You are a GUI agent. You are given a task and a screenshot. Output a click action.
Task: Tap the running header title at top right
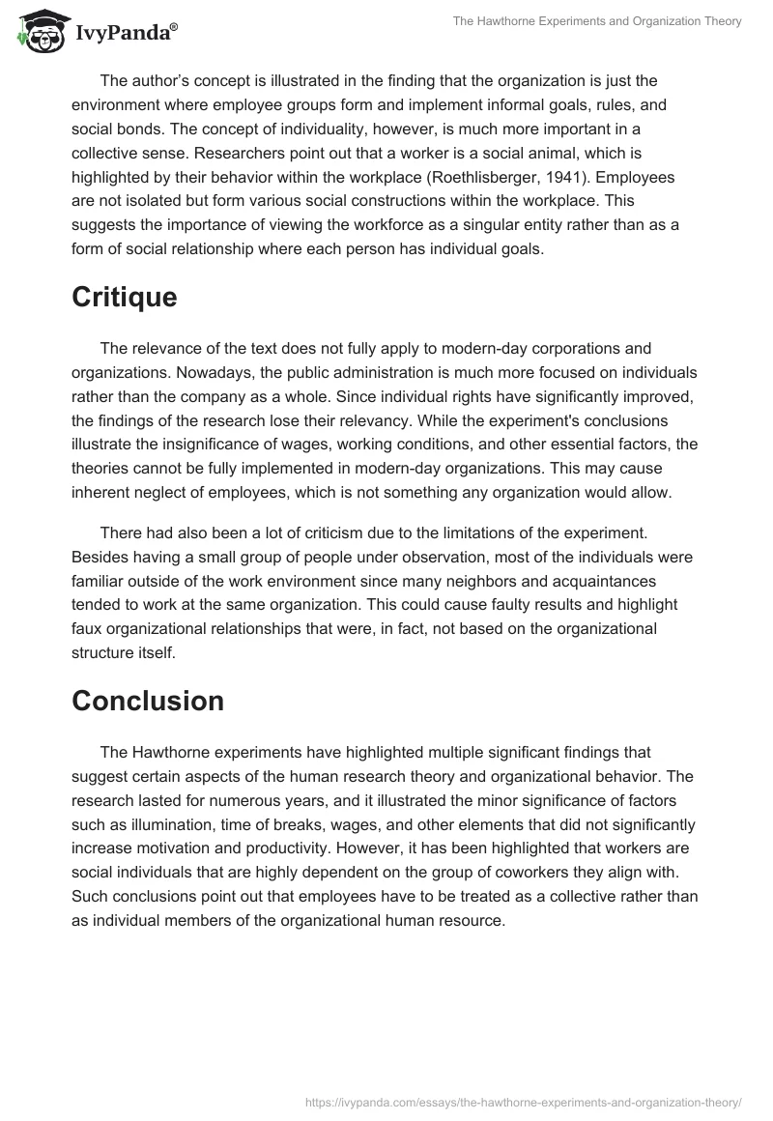597,21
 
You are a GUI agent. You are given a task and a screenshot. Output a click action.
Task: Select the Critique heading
124,297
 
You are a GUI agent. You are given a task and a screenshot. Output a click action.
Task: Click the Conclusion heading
148,700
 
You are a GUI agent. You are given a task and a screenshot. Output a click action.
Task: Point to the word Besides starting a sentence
100,558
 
